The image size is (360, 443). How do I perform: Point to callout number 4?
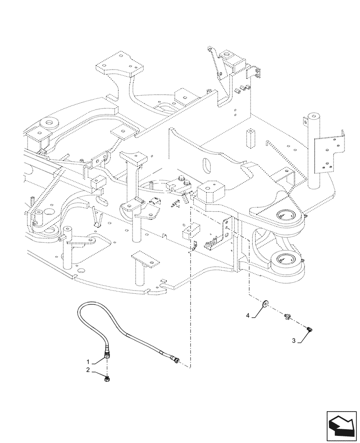pyautogui.click(x=249, y=315)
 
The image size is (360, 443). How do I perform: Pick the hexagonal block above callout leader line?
pyautogui.click(x=209, y=193)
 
